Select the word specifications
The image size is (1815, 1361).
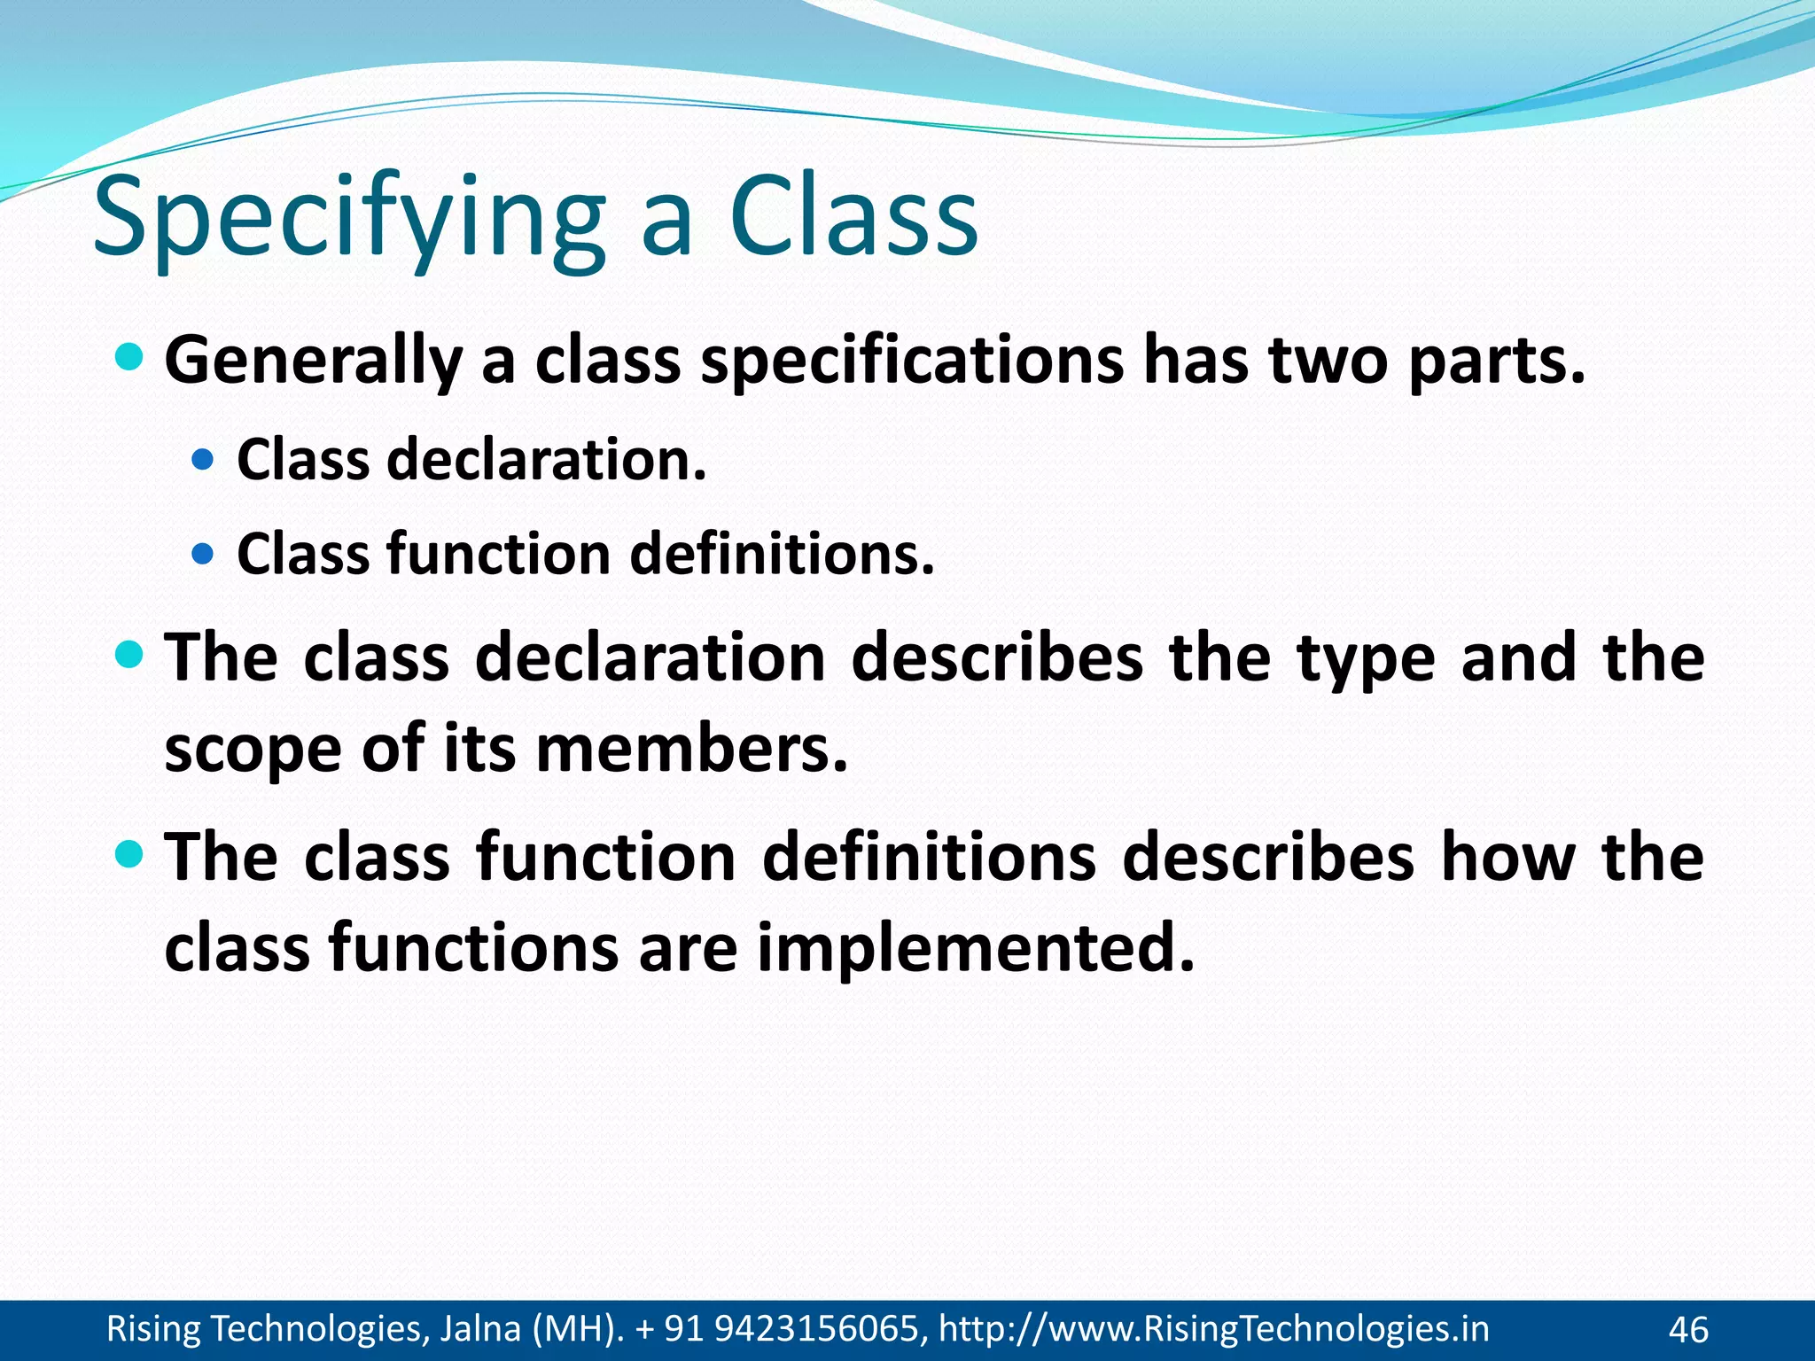pyautogui.click(x=913, y=362)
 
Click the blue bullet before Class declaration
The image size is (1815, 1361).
pyautogui.click(x=203, y=460)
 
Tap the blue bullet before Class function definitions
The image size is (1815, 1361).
pyautogui.click(x=203, y=555)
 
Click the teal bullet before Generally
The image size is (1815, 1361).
pyautogui.click(x=129, y=358)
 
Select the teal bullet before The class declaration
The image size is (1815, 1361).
pyautogui.click(x=129, y=656)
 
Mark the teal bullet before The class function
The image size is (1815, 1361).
pyautogui.click(x=129, y=855)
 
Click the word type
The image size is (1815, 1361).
pyautogui.click(x=1365, y=660)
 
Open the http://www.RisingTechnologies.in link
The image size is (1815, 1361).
pyautogui.click(x=1213, y=1329)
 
